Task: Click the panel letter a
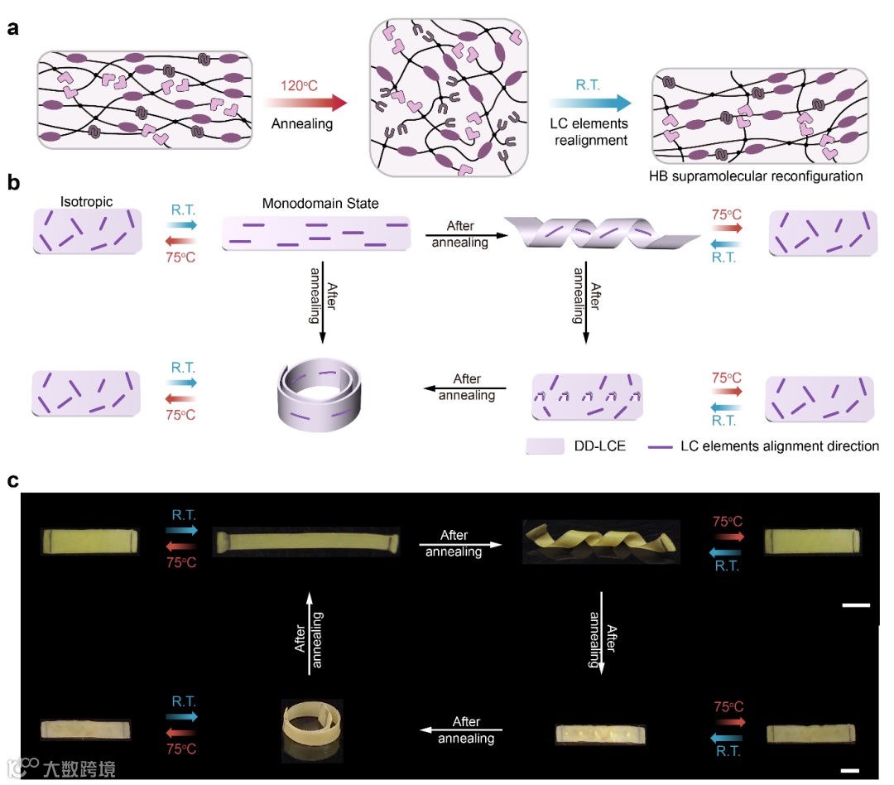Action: pyautogui.click(x=12, y=28)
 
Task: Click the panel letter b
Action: pyautogui.click(x=13, y=183)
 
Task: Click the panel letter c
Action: pyautogui.click(x=13, y=481)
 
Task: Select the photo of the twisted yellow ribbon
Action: pyautogui.click(x=601, y=542)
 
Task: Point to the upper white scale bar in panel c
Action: pyautogui.click(x=855, y=605)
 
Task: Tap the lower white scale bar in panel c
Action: pyautogui.click(x=857, y=757)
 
